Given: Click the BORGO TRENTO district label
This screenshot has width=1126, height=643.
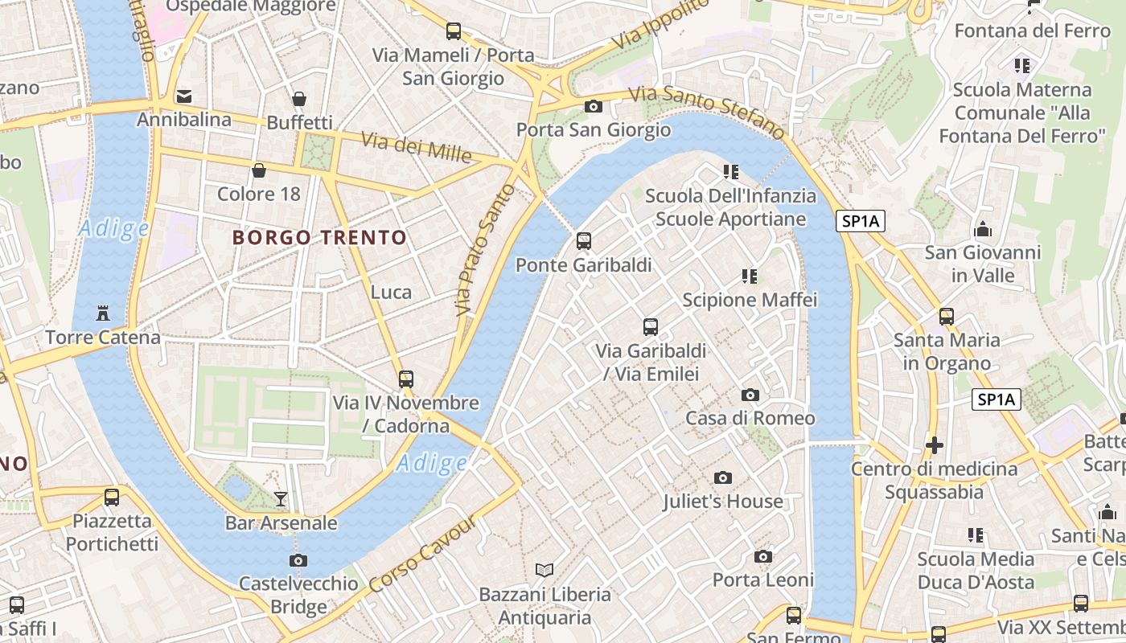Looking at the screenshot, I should point(319,238).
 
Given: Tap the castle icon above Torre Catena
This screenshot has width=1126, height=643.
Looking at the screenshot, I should point(102,313).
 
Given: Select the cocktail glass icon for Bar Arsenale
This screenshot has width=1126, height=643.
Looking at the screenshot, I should point(280,499).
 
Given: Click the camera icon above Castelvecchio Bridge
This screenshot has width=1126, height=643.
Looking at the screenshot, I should point(298,560).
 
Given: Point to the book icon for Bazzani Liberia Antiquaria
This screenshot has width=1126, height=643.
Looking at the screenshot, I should point(545,570).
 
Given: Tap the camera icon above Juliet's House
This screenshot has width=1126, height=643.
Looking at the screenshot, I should point(722,478).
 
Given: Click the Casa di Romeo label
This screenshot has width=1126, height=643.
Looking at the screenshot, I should point(750,418).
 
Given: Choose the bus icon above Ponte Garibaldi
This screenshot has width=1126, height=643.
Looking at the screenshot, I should point(584,240).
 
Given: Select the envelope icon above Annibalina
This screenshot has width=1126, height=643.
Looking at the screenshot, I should point(184,96).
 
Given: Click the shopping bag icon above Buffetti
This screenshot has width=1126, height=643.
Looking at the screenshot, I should point(299,99).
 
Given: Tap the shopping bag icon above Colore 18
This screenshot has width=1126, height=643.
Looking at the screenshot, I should point(259,170).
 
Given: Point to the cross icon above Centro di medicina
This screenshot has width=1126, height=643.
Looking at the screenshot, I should point(934,444).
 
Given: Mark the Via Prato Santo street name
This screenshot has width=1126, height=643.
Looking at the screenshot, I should point(484,249).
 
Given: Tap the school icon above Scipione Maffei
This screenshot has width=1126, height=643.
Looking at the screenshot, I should point(750,276).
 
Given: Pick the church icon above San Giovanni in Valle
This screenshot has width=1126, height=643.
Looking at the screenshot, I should point(982,230).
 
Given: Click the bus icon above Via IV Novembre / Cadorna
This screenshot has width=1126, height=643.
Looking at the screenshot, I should point(406,379).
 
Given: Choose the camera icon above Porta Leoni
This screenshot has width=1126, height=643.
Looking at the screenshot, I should point(762,556).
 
